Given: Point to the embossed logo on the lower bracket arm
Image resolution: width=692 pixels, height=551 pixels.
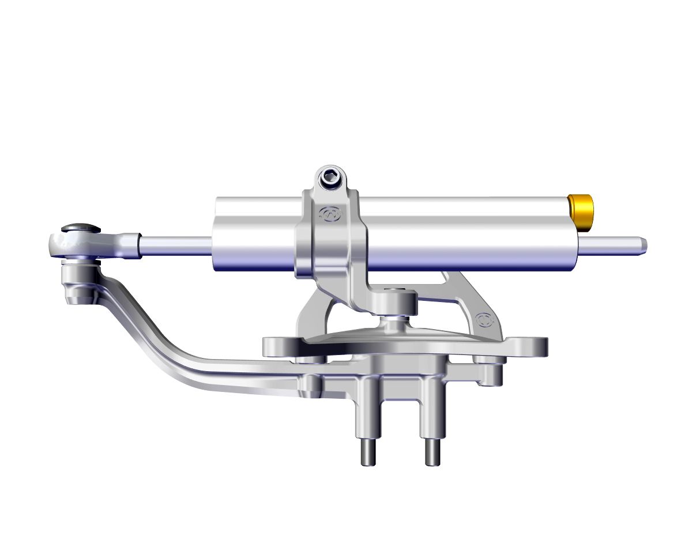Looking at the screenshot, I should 483,319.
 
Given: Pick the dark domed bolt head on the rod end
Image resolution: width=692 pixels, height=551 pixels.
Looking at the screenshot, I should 80,229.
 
